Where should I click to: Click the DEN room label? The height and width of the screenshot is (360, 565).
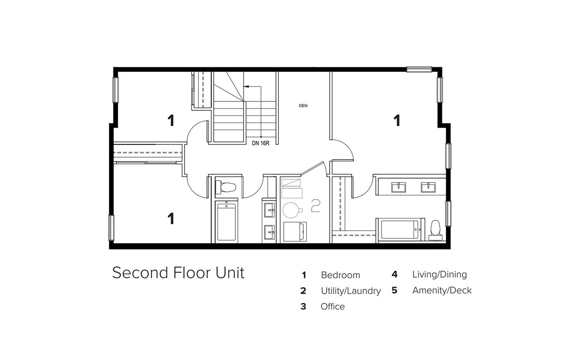(303, 106)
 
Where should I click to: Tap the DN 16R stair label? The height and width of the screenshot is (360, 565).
(260, 143)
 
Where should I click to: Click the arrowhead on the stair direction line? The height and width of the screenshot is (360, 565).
(246, 86)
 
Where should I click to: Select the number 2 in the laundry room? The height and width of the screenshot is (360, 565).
(316, 205)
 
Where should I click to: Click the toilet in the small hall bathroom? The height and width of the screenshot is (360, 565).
(226, 187)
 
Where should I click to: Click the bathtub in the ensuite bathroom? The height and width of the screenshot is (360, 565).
(400, 229)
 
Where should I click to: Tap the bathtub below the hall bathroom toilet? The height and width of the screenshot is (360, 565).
(226, 222)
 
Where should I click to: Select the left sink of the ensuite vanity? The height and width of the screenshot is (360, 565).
(398, 187)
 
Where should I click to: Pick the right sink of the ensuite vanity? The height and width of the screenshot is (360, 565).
(428, 187)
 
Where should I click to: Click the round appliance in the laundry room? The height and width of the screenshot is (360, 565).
(292, 210)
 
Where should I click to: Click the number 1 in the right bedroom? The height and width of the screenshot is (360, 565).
(397, 121)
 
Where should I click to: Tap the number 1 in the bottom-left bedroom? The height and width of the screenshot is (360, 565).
(171, 218)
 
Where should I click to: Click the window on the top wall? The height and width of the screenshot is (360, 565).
(419, 69)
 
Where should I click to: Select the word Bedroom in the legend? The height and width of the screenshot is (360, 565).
(341, 275)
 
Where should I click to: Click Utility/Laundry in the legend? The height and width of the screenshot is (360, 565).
(351, 291)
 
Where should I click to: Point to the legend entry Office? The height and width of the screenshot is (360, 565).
(333, 306)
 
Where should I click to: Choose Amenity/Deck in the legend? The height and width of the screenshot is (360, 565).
(442, 290)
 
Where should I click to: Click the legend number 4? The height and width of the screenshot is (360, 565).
(395, 274)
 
